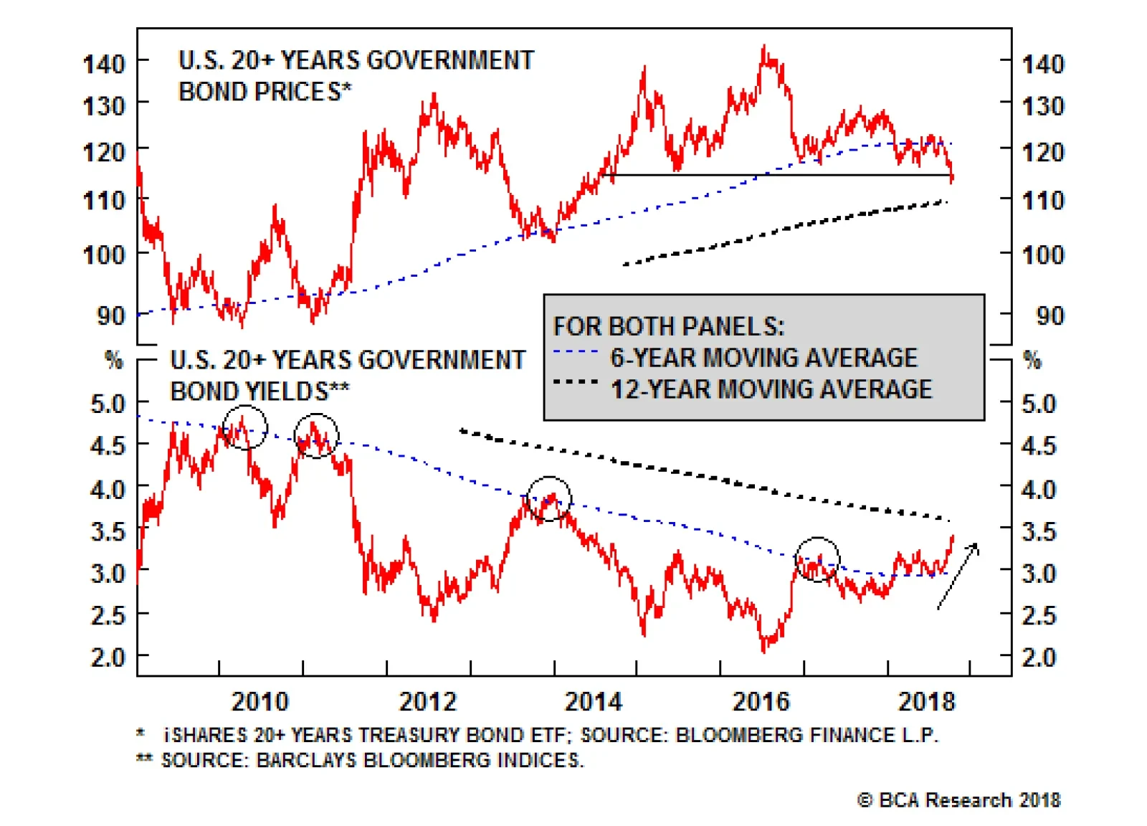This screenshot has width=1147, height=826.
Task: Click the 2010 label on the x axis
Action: [260, 701]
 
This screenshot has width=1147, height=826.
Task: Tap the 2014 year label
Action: [594, 701]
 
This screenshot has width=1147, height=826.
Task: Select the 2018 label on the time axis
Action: [928, 701]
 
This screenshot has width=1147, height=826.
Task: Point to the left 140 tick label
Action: [104, 65]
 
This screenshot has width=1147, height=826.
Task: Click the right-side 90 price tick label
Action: [1050, 316]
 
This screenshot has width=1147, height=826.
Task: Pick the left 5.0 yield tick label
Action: [108, 404]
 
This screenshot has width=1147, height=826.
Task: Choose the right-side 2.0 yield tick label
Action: [1039, 657]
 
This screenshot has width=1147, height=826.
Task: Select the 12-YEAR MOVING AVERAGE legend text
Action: [771, 389]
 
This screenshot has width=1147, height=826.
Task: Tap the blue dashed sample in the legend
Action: [576, 352]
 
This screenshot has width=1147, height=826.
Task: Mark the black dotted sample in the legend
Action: [576, 382]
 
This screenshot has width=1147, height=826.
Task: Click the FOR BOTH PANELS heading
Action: [669, 326]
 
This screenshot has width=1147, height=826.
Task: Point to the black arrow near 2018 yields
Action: [958, 576]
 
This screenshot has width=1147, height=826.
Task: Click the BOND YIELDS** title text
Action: [260, 391]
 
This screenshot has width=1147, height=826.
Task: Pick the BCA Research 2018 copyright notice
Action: [958, 800]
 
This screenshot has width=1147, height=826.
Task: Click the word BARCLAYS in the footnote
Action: [305, 761]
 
